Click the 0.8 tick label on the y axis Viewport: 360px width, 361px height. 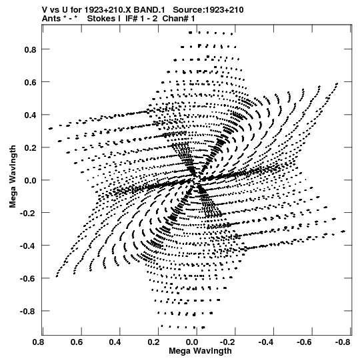click(x=31, y=49)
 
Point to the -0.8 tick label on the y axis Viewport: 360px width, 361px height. click(x=28, y=312)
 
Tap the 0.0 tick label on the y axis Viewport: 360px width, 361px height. click(x=31, y=180)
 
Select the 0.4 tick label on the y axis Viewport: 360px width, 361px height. click(x=31, y=115)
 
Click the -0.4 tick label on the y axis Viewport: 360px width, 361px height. click(x=28, y=246)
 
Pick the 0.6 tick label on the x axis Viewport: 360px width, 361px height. click(x=77, y=342)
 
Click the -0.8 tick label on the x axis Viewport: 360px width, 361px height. click(x=343, y=342)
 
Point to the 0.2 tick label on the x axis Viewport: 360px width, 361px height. click(x=153, y=342)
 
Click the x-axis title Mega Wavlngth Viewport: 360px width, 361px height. click(x=200, y=351)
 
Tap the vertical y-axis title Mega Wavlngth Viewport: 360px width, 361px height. click(x=13, y=177)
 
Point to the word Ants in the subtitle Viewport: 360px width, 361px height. click(x=51, y=19)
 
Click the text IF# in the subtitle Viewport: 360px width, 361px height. click(x=132, y=19)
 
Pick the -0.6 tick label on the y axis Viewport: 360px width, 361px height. click(x=28, y=279)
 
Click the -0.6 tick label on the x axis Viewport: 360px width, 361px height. click(x=305, y=342)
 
